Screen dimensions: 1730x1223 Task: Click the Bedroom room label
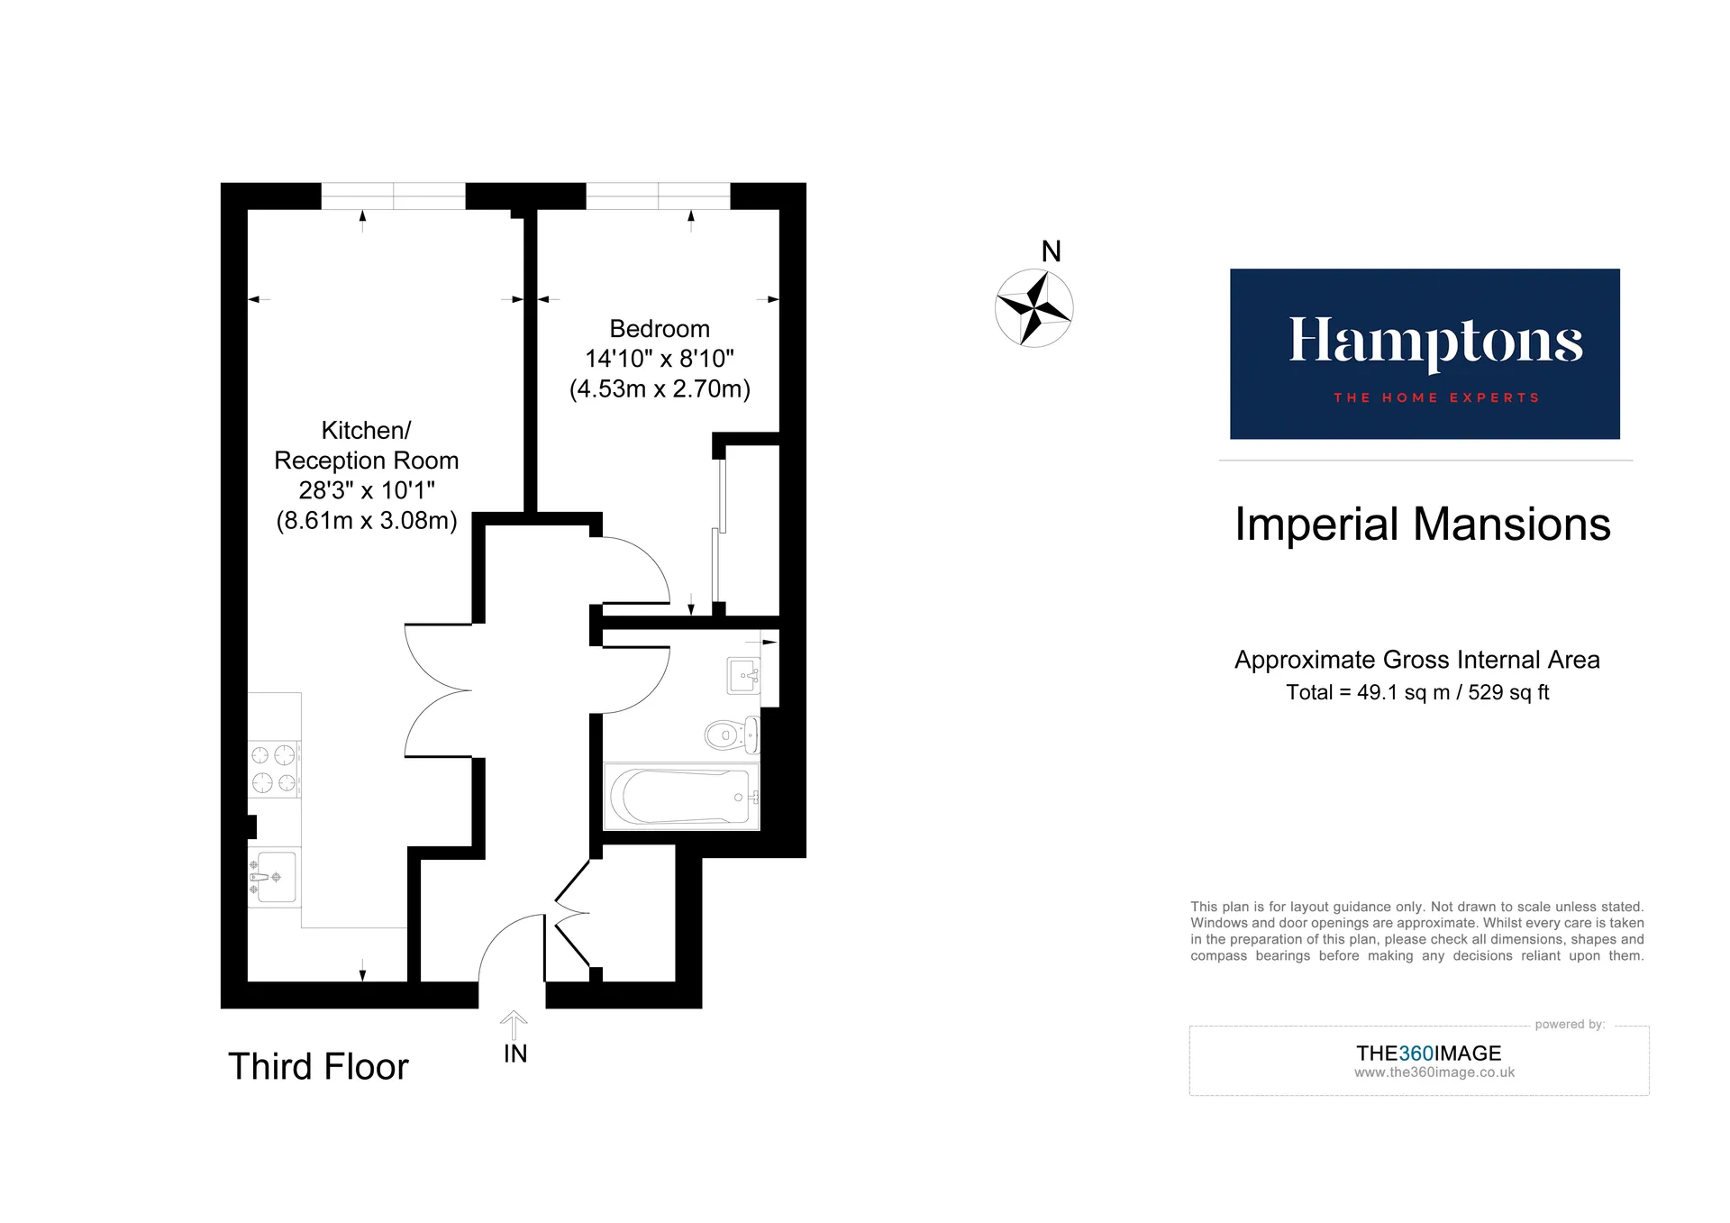pos(660,329)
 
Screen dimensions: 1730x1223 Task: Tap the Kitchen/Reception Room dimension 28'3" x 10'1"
pos(367,490)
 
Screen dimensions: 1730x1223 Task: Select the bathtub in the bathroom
pos(681,797)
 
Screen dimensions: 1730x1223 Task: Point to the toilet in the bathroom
pos(732,735)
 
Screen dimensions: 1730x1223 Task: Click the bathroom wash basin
pos(743,675)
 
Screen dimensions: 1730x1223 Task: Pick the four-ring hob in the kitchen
pos(274,769)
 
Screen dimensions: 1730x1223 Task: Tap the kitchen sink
pos(273,877)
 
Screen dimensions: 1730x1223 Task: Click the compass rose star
pos(1033,308)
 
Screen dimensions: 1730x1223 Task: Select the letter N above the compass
pos(1051,251)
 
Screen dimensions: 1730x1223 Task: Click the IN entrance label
pos(515,1054)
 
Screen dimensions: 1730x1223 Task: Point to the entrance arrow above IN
pos(514,1025)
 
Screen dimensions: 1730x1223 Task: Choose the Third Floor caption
pos(318,1067)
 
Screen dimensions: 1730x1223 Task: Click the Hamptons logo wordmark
pos(1435,342)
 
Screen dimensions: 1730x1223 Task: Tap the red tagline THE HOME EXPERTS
pos(1436,397)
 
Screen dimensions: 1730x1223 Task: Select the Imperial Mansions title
pos(1423,525)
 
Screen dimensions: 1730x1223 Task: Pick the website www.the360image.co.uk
pos(1434,1072)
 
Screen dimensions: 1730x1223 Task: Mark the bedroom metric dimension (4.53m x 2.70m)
pos(660,388)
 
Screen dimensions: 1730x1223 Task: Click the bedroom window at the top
pos(658,196)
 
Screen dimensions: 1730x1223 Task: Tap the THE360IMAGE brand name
pos(1429,1054)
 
